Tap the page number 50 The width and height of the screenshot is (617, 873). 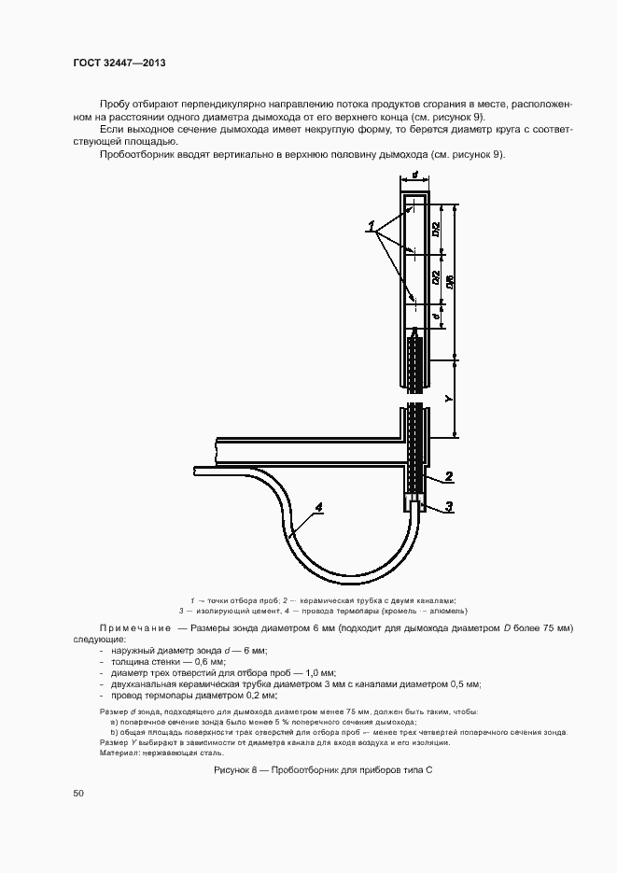(x=77, y=794)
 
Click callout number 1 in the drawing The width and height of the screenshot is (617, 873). (x=371, y=224)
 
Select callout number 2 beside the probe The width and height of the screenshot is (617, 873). (x=449, y=477)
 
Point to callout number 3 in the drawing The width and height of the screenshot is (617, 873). (x=449, y=507)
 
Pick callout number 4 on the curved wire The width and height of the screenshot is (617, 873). (x=318, y=508)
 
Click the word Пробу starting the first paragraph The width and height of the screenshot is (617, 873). (x=115, y=101)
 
